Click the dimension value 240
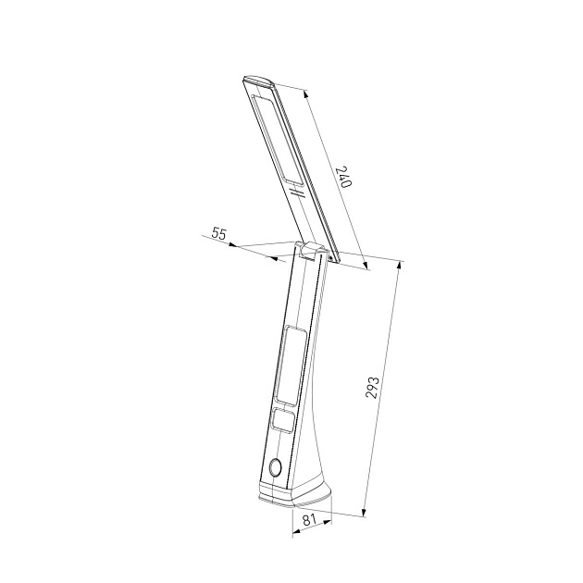(x=343, y=177)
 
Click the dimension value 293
(x=373, y=388)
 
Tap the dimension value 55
(x=218, y=233)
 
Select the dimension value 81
(x=308, y=519)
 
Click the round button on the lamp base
(x=276, y=467)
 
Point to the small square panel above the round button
(x=283, y=421)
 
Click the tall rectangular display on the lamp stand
(x=291, y=366)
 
